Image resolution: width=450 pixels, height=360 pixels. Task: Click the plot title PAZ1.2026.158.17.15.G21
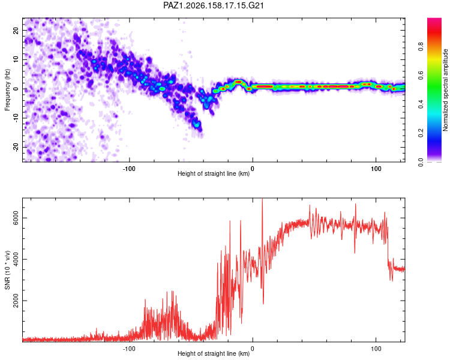pos(214,5)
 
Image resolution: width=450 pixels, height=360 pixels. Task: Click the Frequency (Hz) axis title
pos(7,90)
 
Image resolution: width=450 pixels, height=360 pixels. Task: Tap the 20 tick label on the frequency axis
pos(16,31)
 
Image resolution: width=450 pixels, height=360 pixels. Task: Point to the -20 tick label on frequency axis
pos(16,147)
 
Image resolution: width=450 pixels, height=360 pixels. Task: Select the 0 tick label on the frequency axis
pos(16,89)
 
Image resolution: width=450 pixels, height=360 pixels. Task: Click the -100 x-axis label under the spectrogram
pos(129,169)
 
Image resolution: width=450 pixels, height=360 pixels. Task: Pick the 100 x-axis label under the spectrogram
pos(376,169)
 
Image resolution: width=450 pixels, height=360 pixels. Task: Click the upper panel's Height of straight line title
pos(214,173)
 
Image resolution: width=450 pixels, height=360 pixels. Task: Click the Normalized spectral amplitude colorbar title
pos(445,90)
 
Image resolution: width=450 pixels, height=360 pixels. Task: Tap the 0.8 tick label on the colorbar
pos(421,46)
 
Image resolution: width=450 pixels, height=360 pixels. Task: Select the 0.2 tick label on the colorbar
pos(421,133)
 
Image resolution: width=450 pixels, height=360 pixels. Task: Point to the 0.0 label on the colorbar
pos(421,162)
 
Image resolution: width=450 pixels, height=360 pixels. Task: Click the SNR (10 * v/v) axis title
pos(7,270)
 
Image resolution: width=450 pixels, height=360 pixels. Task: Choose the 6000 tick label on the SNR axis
pos(16,218)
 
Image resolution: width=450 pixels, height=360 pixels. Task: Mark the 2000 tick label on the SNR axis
pos(16,301)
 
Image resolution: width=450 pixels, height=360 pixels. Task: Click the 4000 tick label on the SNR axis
pos(16,260)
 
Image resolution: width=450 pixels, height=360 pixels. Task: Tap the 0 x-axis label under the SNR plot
pos(253,349)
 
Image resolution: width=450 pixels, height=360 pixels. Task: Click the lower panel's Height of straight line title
pos(214,353)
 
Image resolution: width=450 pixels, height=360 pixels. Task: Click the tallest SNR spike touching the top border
pos(262,201)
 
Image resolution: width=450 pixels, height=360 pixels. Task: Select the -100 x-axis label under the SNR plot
pos(129,349)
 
